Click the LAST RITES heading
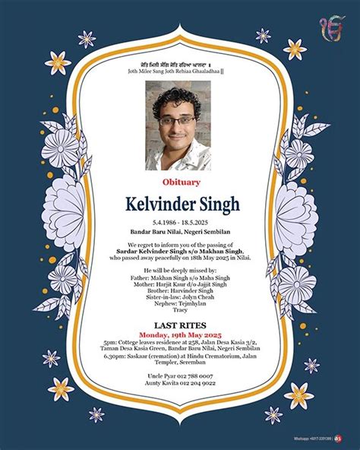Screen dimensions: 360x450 [180, 325]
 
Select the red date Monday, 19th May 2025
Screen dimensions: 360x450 [180, 334]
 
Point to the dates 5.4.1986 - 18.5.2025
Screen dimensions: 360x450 [180, 221]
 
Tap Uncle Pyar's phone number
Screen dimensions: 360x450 [180, 376]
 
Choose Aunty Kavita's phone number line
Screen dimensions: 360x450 [180, 384]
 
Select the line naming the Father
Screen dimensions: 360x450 [180, 278]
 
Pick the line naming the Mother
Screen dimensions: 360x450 [180, 285]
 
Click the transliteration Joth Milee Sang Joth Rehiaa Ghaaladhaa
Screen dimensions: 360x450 [180, 71]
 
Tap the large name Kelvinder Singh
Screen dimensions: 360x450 [180, 204]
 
